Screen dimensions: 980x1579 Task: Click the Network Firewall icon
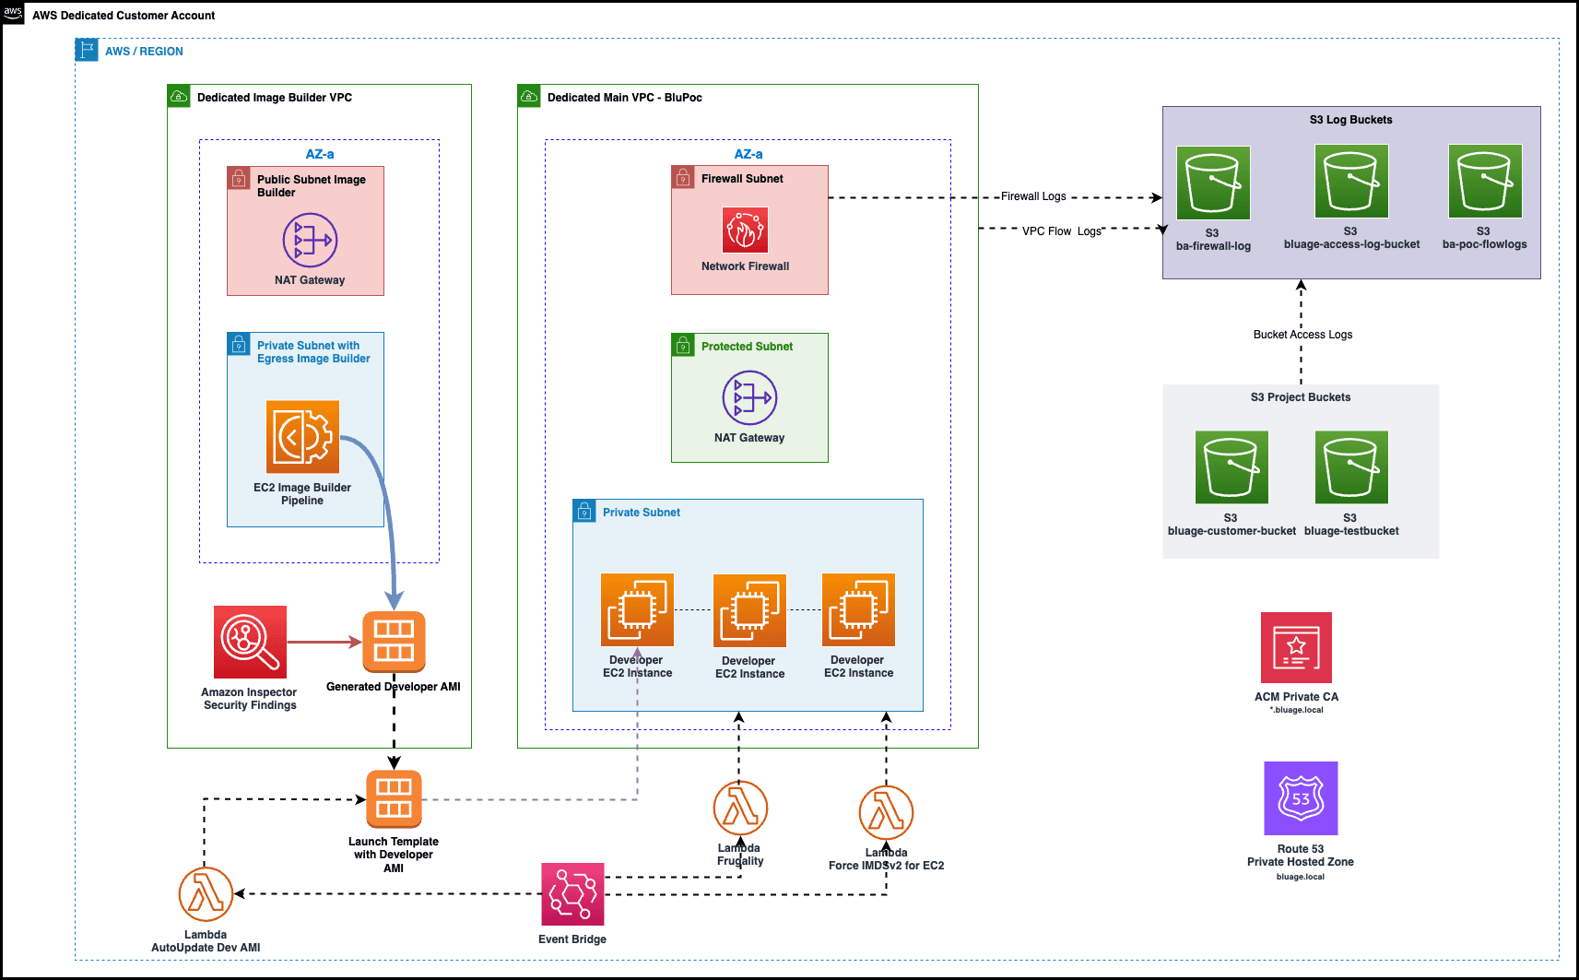[x=745, y=230]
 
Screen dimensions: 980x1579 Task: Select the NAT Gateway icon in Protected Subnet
[x=749, y=398]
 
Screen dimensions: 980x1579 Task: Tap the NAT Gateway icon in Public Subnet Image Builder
[x=310, y=241]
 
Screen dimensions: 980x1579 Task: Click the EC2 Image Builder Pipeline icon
[x=302, y=437]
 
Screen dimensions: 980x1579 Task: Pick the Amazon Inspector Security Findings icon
[x=250, y=642]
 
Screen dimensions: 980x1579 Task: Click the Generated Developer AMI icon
[x=394, y=642]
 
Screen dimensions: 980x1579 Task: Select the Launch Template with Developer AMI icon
[x=394, y=798]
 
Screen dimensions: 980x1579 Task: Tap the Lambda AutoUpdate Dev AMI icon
[x=206, y=894]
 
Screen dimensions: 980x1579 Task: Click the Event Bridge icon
[x=572, y=894]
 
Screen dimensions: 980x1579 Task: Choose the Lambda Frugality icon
[x=740, y=809]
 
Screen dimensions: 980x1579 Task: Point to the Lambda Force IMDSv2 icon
[x=886, y=813]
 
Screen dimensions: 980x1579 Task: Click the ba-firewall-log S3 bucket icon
[x=1213, y=183]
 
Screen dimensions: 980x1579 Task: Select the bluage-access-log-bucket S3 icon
[x=1351, y=182]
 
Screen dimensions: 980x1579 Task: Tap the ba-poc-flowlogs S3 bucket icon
[x=1484, y=182]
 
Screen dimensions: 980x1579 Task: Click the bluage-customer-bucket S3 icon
[x=1231, y=467]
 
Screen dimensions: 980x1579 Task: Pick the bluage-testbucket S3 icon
[x=1351, y=467]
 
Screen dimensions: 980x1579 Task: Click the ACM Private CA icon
[x=1296, y=648]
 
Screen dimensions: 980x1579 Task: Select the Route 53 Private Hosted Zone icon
[x=1301, y=798]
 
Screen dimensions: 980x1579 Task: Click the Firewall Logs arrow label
[x=1033, y=196]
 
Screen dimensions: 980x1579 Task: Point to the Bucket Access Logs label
[x=1302, y=335]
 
